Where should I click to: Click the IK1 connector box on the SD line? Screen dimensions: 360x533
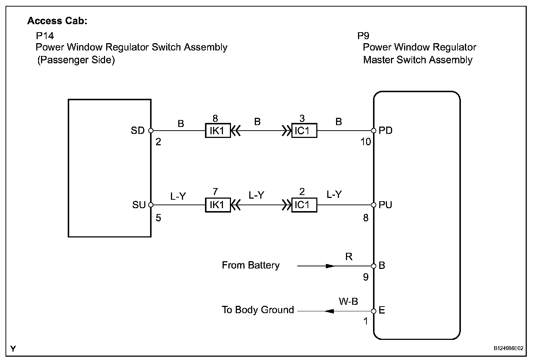[x=218, y=130]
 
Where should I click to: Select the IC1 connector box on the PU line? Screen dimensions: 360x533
[x=304, y=205]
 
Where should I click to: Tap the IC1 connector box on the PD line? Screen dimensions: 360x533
[x=304, y=130]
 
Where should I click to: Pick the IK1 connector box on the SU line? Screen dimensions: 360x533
[x=218, y=205]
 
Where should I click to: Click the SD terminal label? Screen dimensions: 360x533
[x=138, y=131]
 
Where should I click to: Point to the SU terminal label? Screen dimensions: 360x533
[x=139, y=205]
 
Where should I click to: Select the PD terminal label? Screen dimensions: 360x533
[x=385, y=131]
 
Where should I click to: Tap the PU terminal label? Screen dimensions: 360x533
[x=385, y=205]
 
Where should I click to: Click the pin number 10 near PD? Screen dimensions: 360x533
[x=366, y=142]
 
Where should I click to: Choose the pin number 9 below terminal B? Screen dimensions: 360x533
[x=366, y=277]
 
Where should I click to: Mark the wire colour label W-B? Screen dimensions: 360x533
[x=348, y=301]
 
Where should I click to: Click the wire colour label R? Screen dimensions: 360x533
[x=348, y=257]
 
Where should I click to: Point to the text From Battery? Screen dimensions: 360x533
[x=250, y=265]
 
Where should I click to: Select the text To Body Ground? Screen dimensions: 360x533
[x=258, y=310]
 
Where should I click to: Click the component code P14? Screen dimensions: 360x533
[x=45, y=36]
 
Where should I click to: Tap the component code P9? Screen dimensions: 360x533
[x=363, y=36]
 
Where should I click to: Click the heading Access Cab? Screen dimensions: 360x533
[x=57, y=21]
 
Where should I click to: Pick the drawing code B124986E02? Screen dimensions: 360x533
[x=508, y=349]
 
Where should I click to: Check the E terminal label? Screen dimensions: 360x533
[x=382, y=311]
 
